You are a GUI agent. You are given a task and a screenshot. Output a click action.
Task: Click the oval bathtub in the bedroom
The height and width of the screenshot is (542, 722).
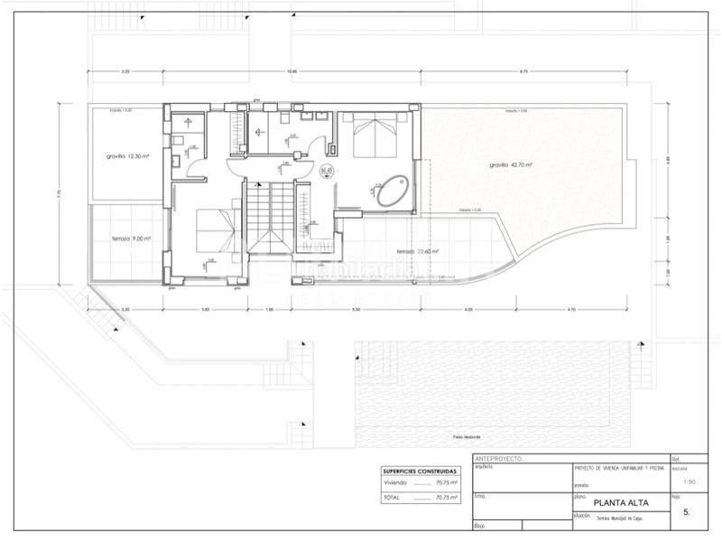coord(390,191)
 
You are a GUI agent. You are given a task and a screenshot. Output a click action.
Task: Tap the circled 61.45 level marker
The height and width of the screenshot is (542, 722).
coord(328,171)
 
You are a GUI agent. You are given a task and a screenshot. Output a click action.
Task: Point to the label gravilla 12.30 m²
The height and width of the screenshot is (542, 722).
coord(125,155)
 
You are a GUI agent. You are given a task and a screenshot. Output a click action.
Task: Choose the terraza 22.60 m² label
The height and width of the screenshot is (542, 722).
coord(418,252)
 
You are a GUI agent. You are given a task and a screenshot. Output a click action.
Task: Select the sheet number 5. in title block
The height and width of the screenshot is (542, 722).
coord(687,511)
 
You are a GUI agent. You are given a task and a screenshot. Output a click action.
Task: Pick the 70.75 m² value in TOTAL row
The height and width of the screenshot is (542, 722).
coord(446,497)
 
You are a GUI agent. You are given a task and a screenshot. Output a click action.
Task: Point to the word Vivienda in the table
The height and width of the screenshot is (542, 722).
coord(394,483)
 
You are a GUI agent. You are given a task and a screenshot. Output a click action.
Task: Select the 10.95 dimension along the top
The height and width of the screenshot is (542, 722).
coord(292,70)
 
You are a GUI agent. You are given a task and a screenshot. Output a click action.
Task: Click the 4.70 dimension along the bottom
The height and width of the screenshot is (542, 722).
coord(570,310)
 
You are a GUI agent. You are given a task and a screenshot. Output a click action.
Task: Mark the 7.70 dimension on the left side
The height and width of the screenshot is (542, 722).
coord(57,192)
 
